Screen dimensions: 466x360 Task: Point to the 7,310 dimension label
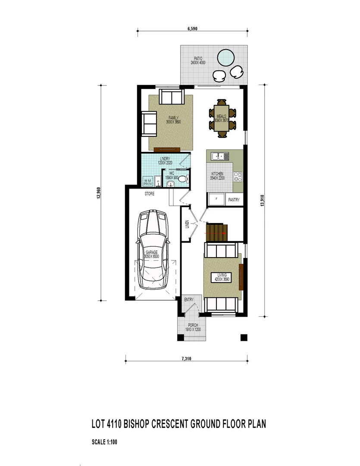(x=186, y=359)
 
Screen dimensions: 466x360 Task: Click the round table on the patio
(x=225, y=57)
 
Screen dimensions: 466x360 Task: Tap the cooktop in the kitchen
(x=238, y=176)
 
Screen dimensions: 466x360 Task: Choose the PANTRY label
(x=234, y=200)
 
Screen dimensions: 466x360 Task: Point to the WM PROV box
(x=148, y=182)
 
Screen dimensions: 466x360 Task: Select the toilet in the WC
(x=183, y=179)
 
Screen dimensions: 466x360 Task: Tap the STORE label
(x=149, y=194)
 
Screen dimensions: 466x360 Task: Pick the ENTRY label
(x=189, y=299)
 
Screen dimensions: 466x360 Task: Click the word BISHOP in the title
(x=139, y=424)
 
